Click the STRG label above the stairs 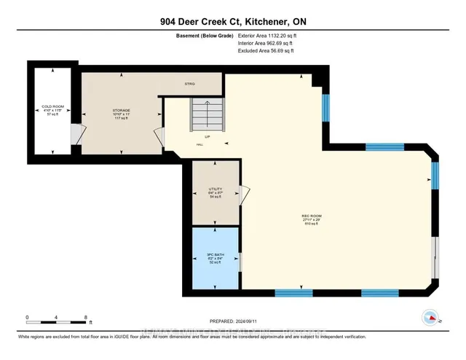pos(190,84)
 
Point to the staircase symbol pos(205,114)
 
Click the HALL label pos(200,144)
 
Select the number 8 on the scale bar pos(87,318)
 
